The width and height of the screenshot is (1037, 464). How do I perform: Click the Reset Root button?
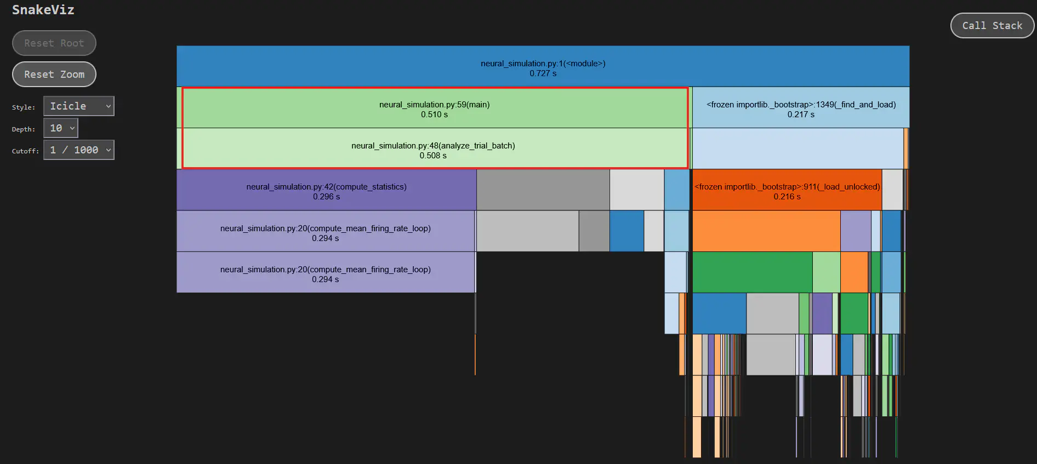coord(54,43)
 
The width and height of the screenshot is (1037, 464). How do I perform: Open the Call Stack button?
coord(992,26)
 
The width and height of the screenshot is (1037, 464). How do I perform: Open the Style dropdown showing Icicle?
coord(79,106)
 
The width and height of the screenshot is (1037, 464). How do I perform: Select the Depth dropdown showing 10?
coord(61,128)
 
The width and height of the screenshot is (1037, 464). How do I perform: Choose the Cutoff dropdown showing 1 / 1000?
coord(79,150)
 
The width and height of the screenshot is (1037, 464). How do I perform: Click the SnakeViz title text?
coord(43,10)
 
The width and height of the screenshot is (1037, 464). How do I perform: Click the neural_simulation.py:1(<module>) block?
coord(543,66)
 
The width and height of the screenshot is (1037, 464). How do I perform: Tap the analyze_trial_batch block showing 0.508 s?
coord(433,149)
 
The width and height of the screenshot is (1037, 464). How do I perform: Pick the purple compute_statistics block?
coord(326,190)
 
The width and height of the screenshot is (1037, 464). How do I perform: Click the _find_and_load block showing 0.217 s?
coord(800,108)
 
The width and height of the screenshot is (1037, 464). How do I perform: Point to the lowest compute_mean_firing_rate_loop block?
coord(326,273)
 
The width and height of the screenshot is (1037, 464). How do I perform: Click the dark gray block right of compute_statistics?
coord(543,190)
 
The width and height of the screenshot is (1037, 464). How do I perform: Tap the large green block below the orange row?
coord(752,272)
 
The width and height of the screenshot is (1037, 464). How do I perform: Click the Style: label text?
coord(23,107)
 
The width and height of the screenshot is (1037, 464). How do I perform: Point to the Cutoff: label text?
coord(25,151)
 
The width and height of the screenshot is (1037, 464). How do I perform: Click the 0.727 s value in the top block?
coord(543,73)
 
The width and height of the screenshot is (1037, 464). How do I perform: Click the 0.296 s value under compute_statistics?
coord(326,197)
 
